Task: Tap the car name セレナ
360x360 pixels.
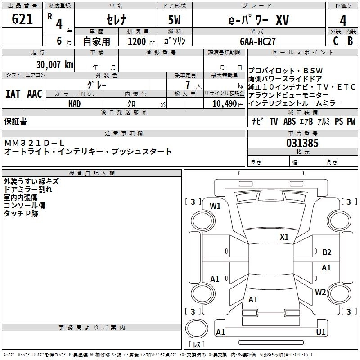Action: pyautogui.click(x=116, y=20)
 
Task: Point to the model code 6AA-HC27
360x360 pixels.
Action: pyautogui.click(x=258, y=40)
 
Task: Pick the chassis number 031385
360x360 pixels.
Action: pyautogui.click(x=302, y=144)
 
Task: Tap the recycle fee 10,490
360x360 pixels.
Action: pyautogui.click(x=221, y=103)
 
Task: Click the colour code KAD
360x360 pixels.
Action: pyautogui.click(x=75, y=103)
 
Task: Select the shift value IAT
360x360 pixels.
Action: pyautogui.click(x=13, y=94)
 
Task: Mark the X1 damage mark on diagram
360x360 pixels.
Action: pyautogui.click(x=284, y=237)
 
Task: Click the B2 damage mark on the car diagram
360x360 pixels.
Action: pyautogui.click(x=327, y=252)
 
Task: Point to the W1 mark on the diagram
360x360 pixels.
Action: pyautogui.click(x=215, y=206)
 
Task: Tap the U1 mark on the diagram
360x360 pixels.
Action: pyautogui.click(x=320, y=332)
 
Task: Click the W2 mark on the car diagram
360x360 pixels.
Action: pyautogui.click(x=320, y=292)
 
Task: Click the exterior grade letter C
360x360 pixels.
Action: pyautogui.click(x=335, y=40)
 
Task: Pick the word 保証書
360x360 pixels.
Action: pyautogui.click(x=15, y=121)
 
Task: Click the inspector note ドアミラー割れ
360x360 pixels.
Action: pyautogui.click(x=28, y=189)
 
